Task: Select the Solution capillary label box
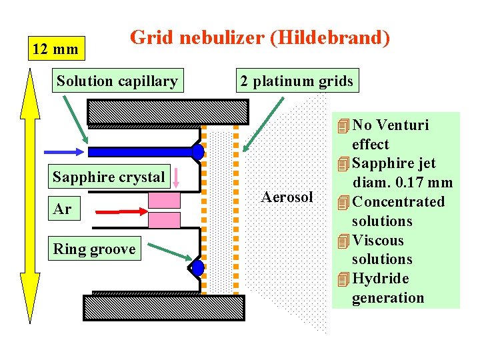point(117,81)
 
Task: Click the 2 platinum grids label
point(297,81)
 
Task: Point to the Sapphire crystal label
point(109,177)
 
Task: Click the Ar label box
point(63,209)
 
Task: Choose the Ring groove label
point(94,249)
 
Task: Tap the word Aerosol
point(287,197)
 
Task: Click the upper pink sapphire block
point(164,200)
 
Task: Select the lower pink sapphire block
point(164,220)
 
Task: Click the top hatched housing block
point(168,111)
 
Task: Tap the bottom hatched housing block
point(164,307)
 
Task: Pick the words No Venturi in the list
point(390,125)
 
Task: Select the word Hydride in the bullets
point(380,279)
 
